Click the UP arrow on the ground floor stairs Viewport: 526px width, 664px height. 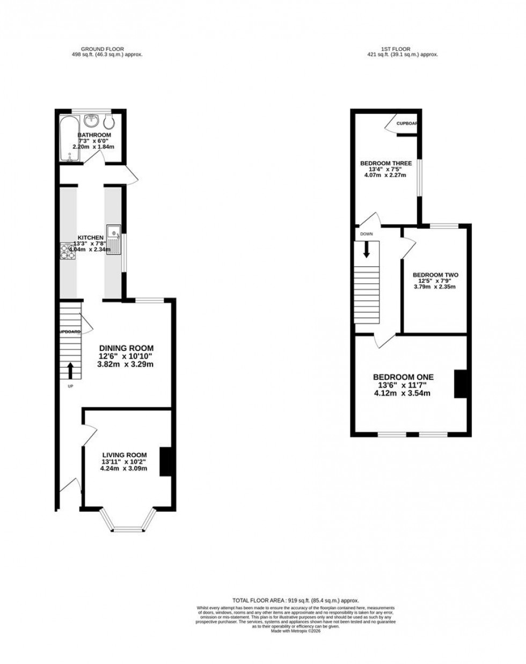(x=70, y=370)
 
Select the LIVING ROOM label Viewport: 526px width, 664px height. (x=125, y=455)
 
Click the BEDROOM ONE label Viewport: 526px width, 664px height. (x=403, y=377)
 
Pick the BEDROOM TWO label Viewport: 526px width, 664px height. (x=435, y=274)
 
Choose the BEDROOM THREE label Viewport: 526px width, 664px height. (x=385, y=163)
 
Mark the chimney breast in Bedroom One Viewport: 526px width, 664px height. (x=460, y=384)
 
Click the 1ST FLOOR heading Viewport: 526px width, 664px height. (x=398, y=49)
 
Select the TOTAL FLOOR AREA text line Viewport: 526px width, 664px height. (x=295, y=600)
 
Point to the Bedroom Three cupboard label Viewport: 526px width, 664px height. (x=406, y=123)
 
